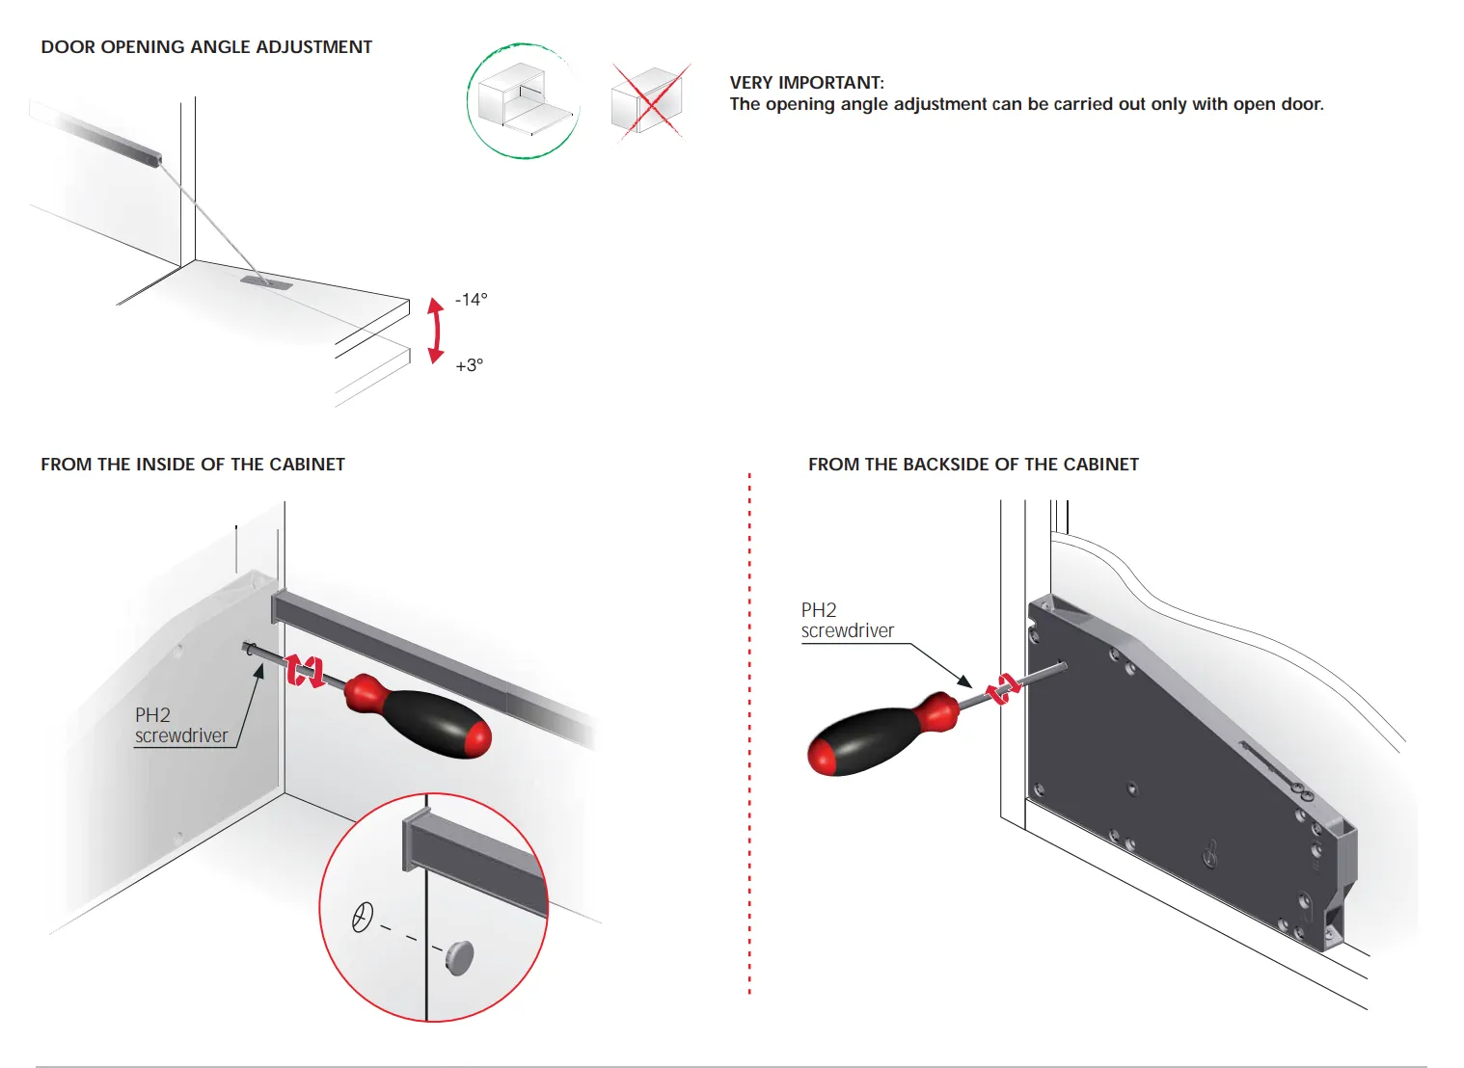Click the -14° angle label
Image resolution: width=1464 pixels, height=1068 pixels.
[472, 300]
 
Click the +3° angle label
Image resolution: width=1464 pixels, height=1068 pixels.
[470, 365]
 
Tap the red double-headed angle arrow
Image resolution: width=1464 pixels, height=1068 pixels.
[436, 331]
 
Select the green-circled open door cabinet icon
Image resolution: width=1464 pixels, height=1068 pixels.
[524, 101]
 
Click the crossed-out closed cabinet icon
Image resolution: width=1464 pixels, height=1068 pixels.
[648, 101]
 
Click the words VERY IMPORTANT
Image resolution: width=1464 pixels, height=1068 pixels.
[806, 83]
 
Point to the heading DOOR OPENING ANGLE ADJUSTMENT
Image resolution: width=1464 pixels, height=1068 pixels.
[206, 47]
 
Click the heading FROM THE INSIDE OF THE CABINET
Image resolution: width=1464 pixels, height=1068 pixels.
[193, 465]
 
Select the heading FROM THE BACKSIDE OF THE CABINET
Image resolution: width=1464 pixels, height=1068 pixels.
[973, 465]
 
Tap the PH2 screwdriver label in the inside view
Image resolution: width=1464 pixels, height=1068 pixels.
[181, 726]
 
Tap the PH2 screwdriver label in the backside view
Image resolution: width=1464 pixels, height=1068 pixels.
[847, 621]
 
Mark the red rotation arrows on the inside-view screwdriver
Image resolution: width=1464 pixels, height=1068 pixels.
[305, 671]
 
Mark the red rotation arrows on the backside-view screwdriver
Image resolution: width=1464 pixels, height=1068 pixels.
[1003, 688]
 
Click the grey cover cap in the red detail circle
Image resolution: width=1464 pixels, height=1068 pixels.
[459, 957]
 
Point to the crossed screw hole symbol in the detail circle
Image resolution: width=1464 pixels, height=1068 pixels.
[362, 917]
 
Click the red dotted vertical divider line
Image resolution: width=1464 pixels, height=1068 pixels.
[749, 734]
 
